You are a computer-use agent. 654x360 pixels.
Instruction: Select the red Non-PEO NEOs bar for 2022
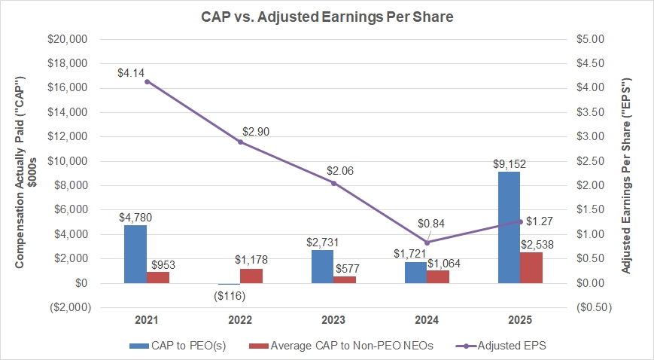[x=251, y=276]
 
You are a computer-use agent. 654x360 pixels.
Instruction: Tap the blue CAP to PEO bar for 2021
[x=135, y=254]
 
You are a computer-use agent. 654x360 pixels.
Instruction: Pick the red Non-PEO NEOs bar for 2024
[x=438, y=276]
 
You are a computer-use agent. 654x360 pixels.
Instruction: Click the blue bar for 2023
[x=322, y=267]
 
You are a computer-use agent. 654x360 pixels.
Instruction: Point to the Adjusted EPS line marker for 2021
[x=147, y=81]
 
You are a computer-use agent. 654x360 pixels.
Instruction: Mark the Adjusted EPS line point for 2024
[x=427, y=243]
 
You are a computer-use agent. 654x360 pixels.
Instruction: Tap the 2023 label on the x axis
[x=333, y=319]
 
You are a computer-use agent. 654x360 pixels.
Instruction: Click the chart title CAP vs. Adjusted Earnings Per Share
[x=327, y=16]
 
